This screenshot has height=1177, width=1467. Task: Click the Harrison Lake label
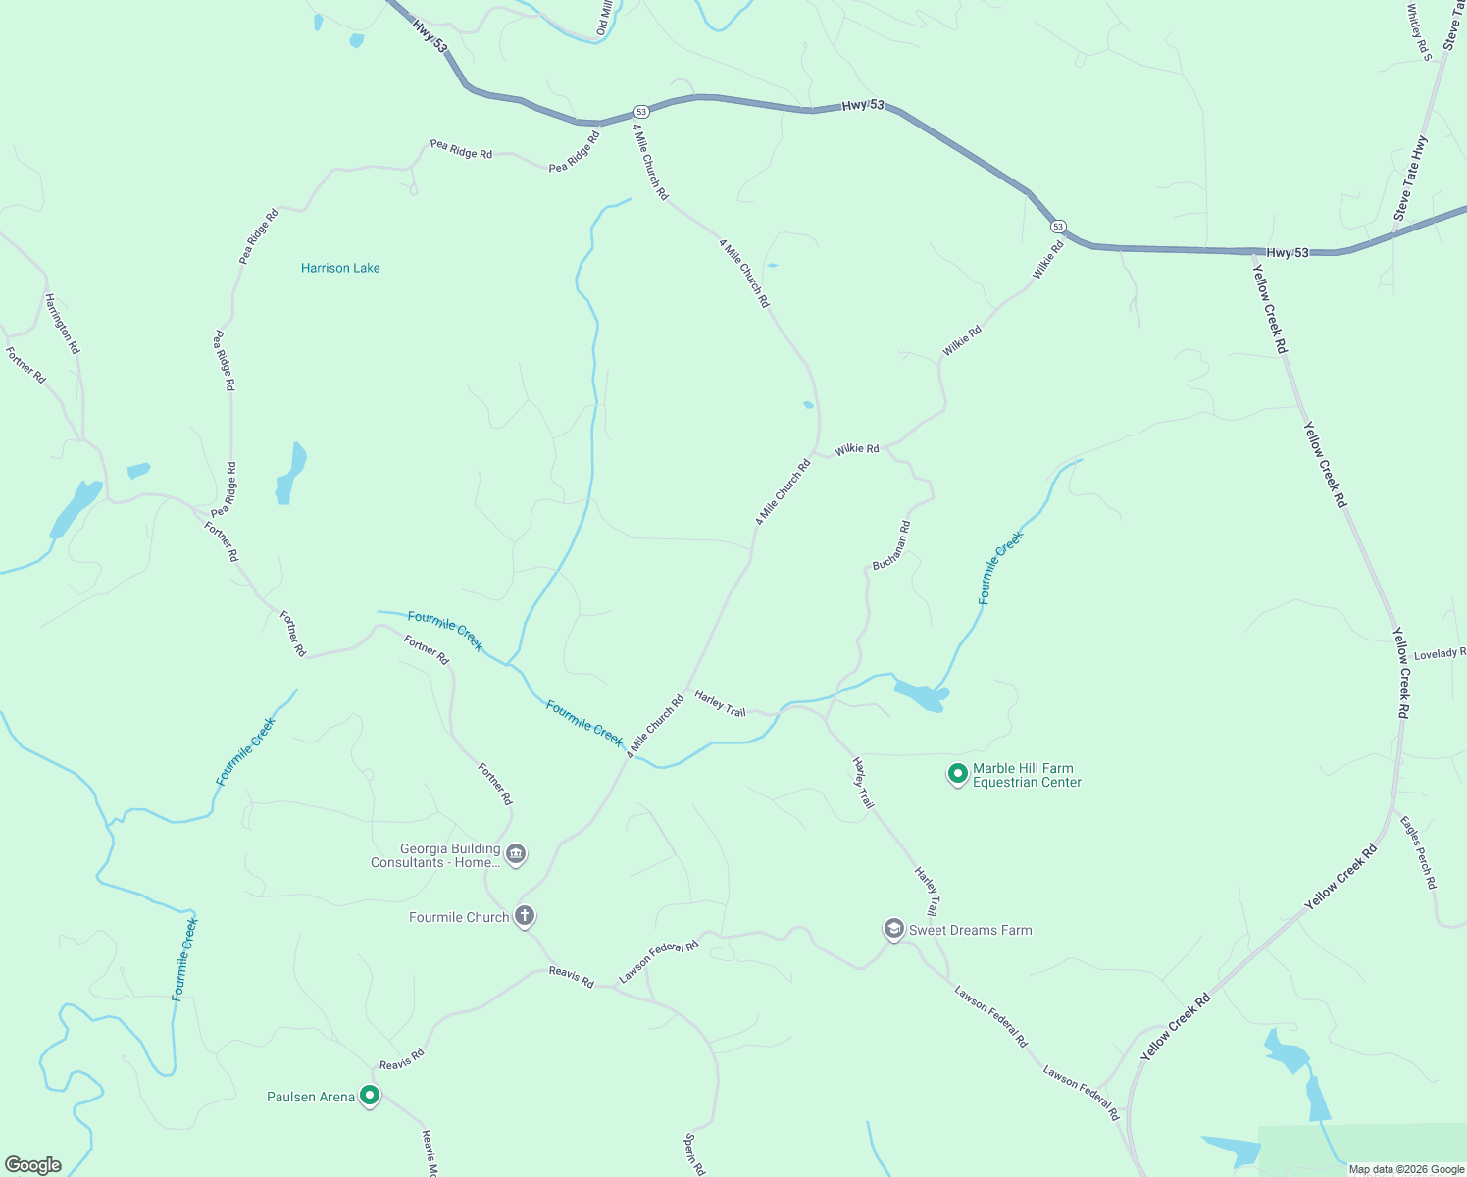[340, 268]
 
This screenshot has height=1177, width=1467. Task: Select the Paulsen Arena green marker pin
[370, 1095]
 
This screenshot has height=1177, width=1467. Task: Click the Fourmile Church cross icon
[525, 916]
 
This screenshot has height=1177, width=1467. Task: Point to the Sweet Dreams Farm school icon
[893, 928]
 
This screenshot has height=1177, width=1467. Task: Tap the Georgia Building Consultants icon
[516, 854]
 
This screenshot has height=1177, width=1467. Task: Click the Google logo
[32, 1164]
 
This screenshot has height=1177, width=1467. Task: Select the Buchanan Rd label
[891, 545]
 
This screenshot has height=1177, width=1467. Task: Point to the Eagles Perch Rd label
[1418, 852]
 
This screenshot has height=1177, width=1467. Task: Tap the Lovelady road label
[1440, 653]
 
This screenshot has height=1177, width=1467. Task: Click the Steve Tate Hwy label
[1411, 178]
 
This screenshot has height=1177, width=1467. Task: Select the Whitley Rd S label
[1419, 32]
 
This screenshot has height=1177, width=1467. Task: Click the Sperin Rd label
[694, 1154]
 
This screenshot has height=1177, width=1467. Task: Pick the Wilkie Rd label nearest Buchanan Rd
[857, 449]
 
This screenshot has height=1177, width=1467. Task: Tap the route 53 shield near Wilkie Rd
[1058, 226]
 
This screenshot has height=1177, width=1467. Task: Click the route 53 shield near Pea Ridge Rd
[640, 112]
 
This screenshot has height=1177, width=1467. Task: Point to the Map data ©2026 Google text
[1406, 1169]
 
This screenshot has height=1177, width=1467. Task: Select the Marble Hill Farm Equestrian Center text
[1027, 775]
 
